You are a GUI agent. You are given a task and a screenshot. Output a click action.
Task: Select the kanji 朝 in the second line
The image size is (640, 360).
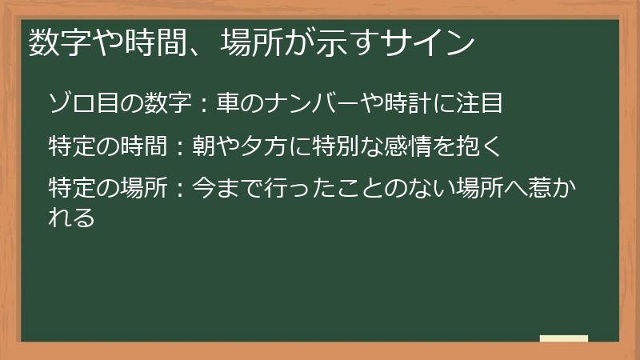point(205,147)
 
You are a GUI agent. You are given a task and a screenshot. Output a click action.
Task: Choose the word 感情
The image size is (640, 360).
point(410,147)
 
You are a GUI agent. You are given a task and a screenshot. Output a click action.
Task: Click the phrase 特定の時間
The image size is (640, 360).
point(107,147)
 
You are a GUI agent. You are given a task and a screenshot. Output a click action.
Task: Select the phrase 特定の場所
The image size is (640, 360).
point(107,191)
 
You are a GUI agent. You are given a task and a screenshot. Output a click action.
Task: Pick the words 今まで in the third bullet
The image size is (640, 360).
point(229,191)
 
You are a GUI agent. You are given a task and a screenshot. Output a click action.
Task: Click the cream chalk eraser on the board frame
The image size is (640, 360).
point(564,338)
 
